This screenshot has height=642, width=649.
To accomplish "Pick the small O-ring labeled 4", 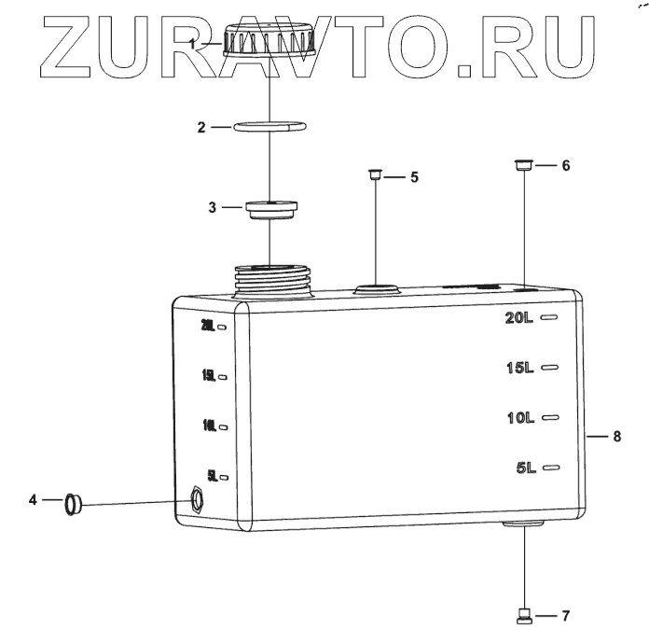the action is [74, 504].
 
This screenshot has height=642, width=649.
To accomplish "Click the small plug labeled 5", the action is [374, 174].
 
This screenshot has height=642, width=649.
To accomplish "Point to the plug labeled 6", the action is [524, 166].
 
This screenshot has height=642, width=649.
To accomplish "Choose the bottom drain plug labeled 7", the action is [524, 614].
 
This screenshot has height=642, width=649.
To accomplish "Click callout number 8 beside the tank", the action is [617, 436].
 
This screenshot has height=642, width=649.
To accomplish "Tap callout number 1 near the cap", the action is [192, 44].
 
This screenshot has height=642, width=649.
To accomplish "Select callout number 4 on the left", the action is [33, 501].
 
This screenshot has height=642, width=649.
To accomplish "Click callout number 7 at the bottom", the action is [565, 616].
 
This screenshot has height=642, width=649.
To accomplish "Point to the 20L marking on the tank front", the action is [519, 318].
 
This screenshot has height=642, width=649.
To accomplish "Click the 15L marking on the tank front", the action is [519, 368].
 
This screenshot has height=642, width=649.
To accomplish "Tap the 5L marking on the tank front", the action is [525, 468].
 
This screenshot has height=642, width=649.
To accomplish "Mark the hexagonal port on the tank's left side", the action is [197, 499].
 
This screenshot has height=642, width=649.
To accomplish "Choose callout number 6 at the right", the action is [565, 165].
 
